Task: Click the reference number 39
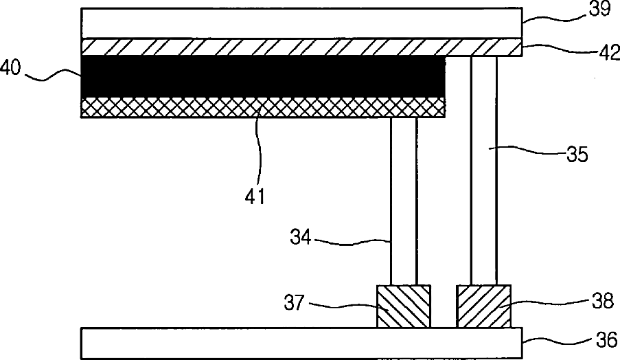[x=600, y=9]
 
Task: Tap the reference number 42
[x=610, y=53]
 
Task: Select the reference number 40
[x=10, y=67]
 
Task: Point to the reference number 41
[x=255, y=196]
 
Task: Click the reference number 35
[x=577, y=155]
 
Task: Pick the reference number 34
[x=301, y=237]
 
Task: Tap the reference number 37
[x=294, y=303]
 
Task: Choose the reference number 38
[x=603, y=301]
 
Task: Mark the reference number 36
[x=606, y=340]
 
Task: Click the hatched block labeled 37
[x=404, y=306]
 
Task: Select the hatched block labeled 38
[x=483, y=306]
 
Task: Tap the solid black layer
[x=263, y=76]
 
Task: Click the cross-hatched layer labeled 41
[x=263, y=107]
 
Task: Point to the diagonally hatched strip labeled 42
[x=301, y=47]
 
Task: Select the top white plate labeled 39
[x=301, y=23]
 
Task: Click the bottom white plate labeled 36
[x=301, y=343]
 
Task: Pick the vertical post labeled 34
[x=404, y=201]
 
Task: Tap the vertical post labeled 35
[x=483, y=170]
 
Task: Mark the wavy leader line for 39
[x=555, y=18]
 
